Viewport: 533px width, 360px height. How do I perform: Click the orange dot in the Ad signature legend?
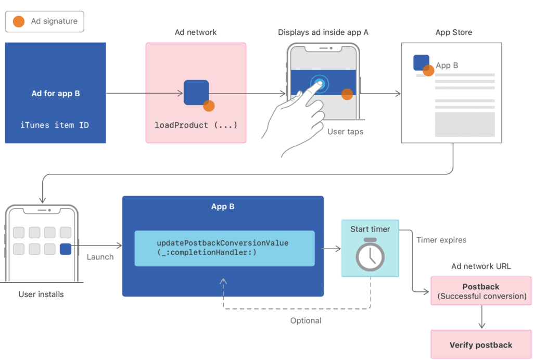(x=19, y=21)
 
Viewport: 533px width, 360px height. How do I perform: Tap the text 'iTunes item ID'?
(x=55, y=125)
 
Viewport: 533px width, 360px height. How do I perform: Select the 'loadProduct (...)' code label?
(x=196, y=125)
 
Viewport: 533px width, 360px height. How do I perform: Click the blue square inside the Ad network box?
(x=196, y=93)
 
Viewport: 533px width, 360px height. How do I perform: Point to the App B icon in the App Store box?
(x=421, y=62)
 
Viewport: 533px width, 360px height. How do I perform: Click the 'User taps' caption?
(x=346, y=132)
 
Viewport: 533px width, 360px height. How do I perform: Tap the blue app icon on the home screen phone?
(x=66, y=249)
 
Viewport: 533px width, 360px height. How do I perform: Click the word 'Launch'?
(x=100, y=257)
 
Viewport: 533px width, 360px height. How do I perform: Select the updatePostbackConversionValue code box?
(x=225, y=248)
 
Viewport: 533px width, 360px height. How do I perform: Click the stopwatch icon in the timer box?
(x=370, y=254)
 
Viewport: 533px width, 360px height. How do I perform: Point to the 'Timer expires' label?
(x=441, y=240)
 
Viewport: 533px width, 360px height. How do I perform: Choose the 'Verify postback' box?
(x=481, y=344)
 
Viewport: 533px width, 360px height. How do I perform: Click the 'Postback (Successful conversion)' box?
(x=481, y=291)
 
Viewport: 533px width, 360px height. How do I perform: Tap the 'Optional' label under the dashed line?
(x=306, y=320)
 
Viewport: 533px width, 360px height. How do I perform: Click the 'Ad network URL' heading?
(x=481, y=266)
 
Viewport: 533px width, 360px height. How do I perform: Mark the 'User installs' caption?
(x=41, y=294)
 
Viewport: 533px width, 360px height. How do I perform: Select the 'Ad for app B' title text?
(x=56, y=94)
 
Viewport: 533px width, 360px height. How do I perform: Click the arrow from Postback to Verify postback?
(x=481, y=317)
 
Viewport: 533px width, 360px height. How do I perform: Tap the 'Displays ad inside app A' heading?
(x=323, y=32)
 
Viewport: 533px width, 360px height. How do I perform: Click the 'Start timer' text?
(x=370, y=229)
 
